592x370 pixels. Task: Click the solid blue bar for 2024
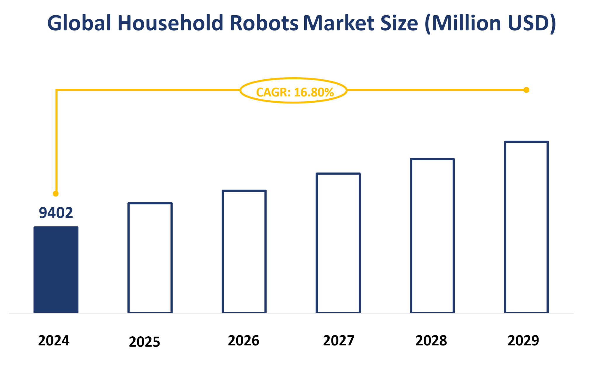pos(56,270)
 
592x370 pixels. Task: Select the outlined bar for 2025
pos(150,258)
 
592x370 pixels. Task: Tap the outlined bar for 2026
pos(244,252)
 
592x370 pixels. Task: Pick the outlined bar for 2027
pos(338,243)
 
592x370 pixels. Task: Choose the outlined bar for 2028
pos(432,236)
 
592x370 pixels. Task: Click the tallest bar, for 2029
pos(526,227)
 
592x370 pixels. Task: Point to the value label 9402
pos(56,213)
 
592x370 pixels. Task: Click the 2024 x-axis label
pos(54,340)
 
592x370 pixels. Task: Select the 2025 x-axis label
pos(144,342)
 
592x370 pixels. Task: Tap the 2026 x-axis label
pos(244,340)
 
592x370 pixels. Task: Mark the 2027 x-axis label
pos(338,340)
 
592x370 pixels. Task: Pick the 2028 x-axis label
pos(431,340)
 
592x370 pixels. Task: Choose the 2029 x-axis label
pos(523,340)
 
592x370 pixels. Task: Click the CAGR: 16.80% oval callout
pos(294,91)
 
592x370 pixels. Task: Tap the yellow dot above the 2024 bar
pos(56,194)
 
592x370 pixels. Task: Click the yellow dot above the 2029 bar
pos(526,90)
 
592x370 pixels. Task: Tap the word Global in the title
pos(79,23)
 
